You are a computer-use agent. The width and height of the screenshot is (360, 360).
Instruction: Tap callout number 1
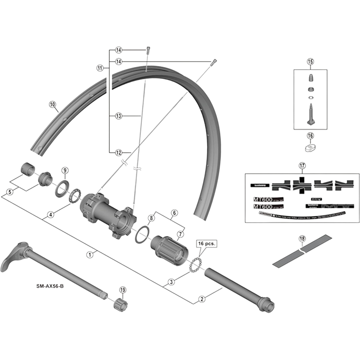click(x=90, y=254)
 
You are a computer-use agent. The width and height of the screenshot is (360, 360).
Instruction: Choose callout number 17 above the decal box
click(x=301, y=165)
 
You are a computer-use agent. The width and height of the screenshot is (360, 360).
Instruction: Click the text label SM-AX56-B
click(x=50, y=286)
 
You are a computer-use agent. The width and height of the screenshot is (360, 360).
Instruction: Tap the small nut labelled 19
click(x=120, y=305)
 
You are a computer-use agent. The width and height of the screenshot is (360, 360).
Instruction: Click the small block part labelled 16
click(x=310, y=147)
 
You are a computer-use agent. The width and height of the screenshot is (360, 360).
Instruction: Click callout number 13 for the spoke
click(x=119, y=116)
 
